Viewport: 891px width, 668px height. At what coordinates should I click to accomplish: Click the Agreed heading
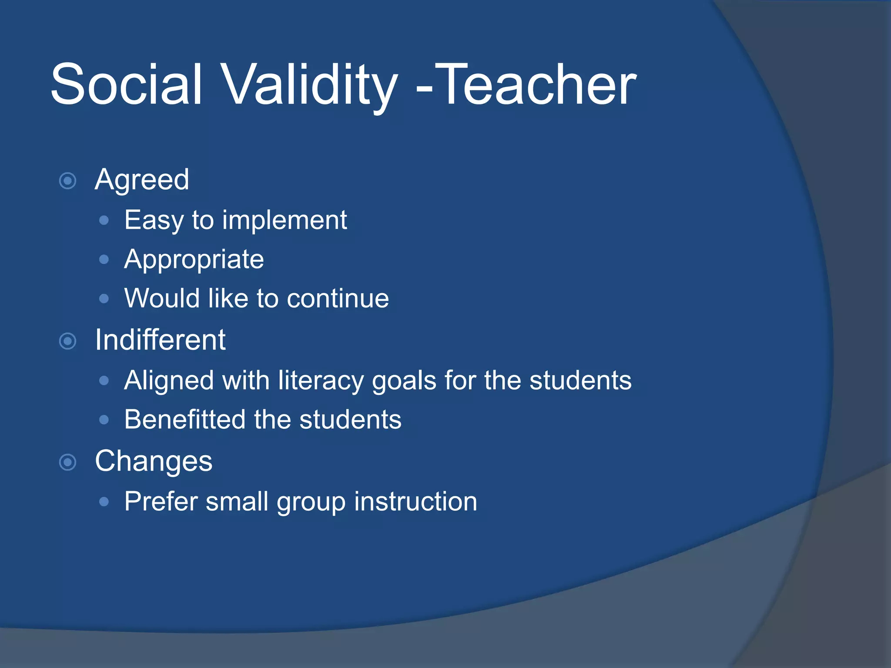coord(142,180)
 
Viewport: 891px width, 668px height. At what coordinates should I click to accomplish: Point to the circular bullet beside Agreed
coord(68,180)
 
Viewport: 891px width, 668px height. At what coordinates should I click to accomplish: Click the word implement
coord(285,220)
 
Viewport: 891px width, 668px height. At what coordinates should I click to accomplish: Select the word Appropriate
coord(194,260)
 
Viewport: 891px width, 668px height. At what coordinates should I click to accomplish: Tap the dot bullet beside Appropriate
coord(104,260)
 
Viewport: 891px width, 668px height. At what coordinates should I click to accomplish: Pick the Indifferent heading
coord(160,340)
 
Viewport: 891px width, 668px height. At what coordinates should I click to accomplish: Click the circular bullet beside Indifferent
coord(68,341)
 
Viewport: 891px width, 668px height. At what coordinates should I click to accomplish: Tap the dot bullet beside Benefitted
coord(104,420)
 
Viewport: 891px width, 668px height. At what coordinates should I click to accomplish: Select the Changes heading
coord(154,461)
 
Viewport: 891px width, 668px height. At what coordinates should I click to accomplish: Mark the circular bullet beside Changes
coord(68,462)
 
